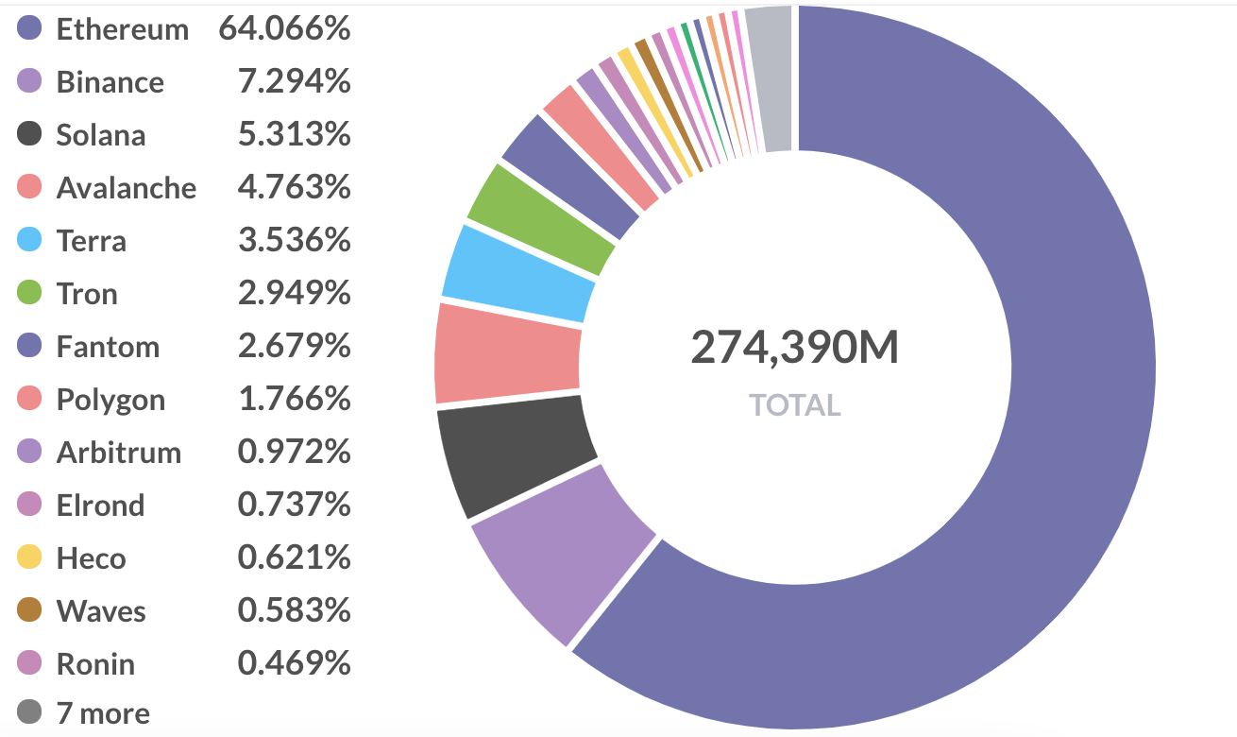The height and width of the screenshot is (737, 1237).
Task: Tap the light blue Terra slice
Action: pyautogui.click(x=517, y=274)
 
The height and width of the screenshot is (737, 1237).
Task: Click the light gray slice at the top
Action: pyautogui.click(x=769, y=77)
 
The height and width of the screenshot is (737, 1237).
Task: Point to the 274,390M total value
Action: pyautogui.click(x=794, y=348)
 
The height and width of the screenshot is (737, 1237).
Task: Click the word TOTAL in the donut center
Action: pyautogui.click(x=794, y=405)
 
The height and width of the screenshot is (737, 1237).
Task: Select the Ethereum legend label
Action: pyautogui.click(x=122, y=29)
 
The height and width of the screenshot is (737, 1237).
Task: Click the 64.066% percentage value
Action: pyautogui.click(x=284, y=29)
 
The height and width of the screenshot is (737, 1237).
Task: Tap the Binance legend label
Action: pyautogui.click(x=110, y=82)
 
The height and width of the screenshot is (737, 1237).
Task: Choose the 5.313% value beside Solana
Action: pyautogui.click(x=294, y=135)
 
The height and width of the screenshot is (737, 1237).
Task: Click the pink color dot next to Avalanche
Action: pyautogui.click(x=30, y=187)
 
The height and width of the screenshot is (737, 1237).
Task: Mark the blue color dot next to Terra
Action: pyautogui.click(x=30, y=240)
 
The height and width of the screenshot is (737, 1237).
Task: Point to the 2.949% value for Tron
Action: pyautogui.click(x=294, y=294)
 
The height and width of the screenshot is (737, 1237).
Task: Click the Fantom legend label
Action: pyautogui.click(x=108, y=347)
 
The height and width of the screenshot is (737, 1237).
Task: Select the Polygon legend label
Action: pyautogui.click(x=110, y=400)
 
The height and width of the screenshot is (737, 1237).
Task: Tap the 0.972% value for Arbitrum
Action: pyautogui.click(x=294, y=453)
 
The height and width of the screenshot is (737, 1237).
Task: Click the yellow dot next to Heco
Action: pyautogui.click(x=30, y=557)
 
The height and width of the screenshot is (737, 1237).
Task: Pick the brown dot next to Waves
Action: pyautogui.click(x=30, y=610)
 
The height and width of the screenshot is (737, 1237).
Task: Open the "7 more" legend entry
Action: pyautogui.click(x=102, y=712)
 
